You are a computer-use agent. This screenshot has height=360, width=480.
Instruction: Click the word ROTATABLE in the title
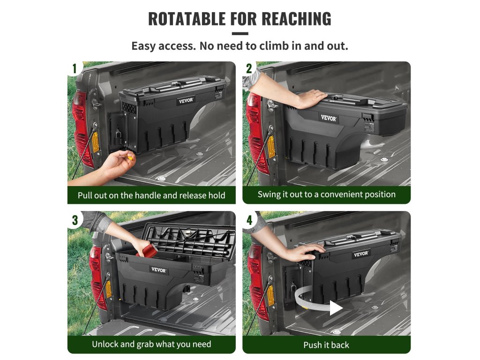pyautogui.click(x=187, y=19)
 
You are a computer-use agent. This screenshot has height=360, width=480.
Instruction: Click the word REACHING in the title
pyautogui.click(x=296, y=19)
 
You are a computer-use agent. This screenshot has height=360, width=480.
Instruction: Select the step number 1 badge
pyautogui.click(x=75, y=68)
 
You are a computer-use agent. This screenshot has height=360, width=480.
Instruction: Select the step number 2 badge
pyautogui.click(x=249, y=68)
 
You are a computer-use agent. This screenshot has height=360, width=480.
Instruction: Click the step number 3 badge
pyautogui.click(x=75, y=220)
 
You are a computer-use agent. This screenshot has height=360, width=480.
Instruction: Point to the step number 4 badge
pyautogui.click(x=249, y=220)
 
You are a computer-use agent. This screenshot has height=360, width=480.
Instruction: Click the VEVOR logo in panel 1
pyautogui.click(x=186, y=100)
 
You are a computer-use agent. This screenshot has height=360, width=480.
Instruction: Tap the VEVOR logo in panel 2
pyautogui.click(x=329, y=118)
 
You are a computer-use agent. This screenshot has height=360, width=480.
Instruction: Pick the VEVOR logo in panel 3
pyautogui.click(x=158, y=270)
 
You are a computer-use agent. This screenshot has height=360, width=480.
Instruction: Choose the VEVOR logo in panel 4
pyautogui.click(x=361, y=254)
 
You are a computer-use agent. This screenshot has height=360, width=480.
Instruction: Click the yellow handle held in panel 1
pyautogui.click(x=131, y=158)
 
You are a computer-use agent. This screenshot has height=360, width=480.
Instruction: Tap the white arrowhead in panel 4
pyautogui.click(x=336, y=307)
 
